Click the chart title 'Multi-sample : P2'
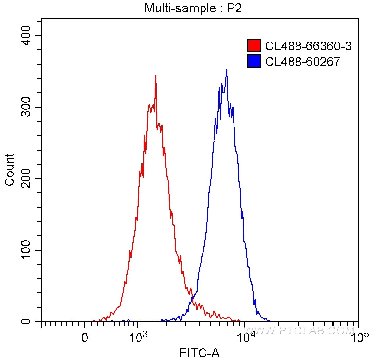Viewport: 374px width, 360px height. (x=193, y=8)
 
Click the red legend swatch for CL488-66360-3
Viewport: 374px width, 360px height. (x=254, y=46)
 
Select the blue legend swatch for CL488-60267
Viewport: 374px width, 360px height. (x=254, y=61)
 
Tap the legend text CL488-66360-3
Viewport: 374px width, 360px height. (x=308, y=46)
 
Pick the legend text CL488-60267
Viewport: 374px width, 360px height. (x=302, y=61)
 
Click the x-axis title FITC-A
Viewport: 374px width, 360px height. (x=200, y=353)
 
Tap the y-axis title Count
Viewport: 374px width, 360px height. (x=10, y=170)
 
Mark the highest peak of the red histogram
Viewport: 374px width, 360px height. (x=155, y=76)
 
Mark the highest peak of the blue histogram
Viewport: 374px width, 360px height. (x=226, y=70)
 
